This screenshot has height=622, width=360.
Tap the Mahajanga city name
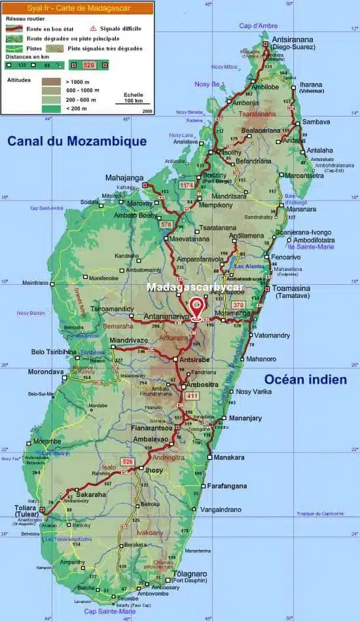pos(124,177)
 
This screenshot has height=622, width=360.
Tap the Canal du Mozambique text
pos(77,141)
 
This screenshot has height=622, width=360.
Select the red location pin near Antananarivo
pos(196,306)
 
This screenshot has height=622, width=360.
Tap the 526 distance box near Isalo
pos(128,462)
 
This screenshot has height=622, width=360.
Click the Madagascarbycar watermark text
pos(195,287)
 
